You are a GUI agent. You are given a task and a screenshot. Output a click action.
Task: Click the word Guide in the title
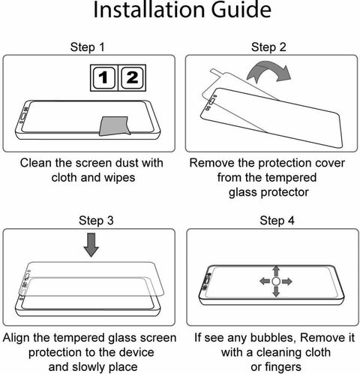tap(241, 10)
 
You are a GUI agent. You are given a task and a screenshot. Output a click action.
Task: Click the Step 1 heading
tap(87, 47)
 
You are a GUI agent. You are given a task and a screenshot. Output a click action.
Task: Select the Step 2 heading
tap(268, 47)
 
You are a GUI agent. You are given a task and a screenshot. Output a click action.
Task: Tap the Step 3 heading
tap(96, 221)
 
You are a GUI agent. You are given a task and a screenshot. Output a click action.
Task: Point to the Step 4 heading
tap(277, 221)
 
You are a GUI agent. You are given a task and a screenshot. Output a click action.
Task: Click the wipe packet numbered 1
tap(104, 77)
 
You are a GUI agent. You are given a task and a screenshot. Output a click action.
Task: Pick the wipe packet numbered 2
tap(132, 77)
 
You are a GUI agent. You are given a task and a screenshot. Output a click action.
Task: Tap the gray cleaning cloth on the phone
tap(115, 126)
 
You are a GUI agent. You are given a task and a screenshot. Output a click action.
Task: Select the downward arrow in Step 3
tap(91, 245)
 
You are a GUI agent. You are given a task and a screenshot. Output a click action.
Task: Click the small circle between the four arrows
tap(276, 282)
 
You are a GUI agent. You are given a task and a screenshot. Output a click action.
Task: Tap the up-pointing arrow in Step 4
tap(276, 271)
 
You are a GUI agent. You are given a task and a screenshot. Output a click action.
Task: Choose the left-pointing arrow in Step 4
tap(265, 282)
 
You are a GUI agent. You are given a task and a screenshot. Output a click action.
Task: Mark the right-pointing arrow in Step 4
tap(286, 282)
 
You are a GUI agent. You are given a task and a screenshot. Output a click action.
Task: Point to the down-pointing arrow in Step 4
tap(276, 291)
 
